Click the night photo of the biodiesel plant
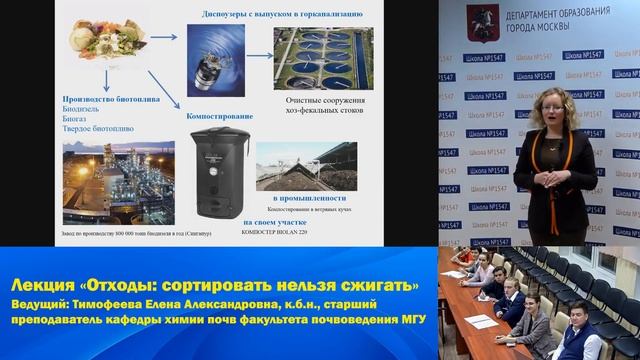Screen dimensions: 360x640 click(118, 182)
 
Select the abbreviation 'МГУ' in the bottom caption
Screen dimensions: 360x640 click(405, 319)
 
